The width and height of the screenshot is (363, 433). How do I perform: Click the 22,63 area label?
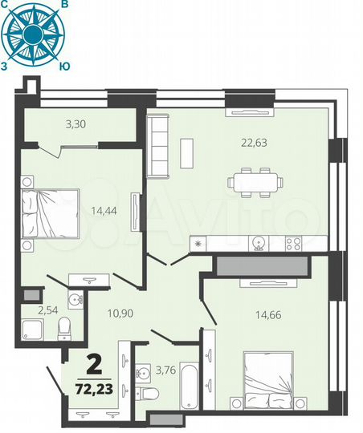(x=254, y=144)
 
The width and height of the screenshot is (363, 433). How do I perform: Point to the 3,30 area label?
(x=76, y=123)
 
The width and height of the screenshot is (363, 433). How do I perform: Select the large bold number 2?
(x=93, y=366)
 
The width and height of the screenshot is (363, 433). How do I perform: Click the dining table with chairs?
(x=255, y=182)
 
